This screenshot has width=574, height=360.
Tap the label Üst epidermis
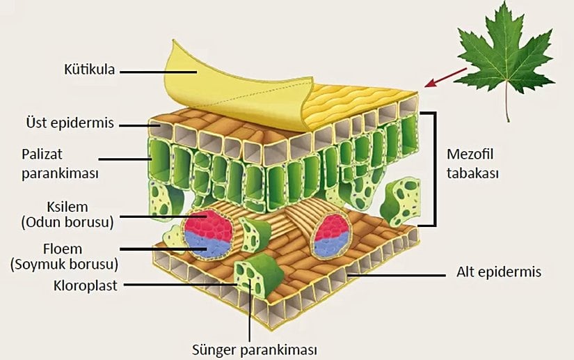tap(67, 124)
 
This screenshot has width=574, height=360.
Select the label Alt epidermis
tap(499, 272)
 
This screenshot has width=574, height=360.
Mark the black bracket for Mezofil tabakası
tap(436, 167)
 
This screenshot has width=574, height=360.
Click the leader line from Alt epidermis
tap(397, 274)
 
